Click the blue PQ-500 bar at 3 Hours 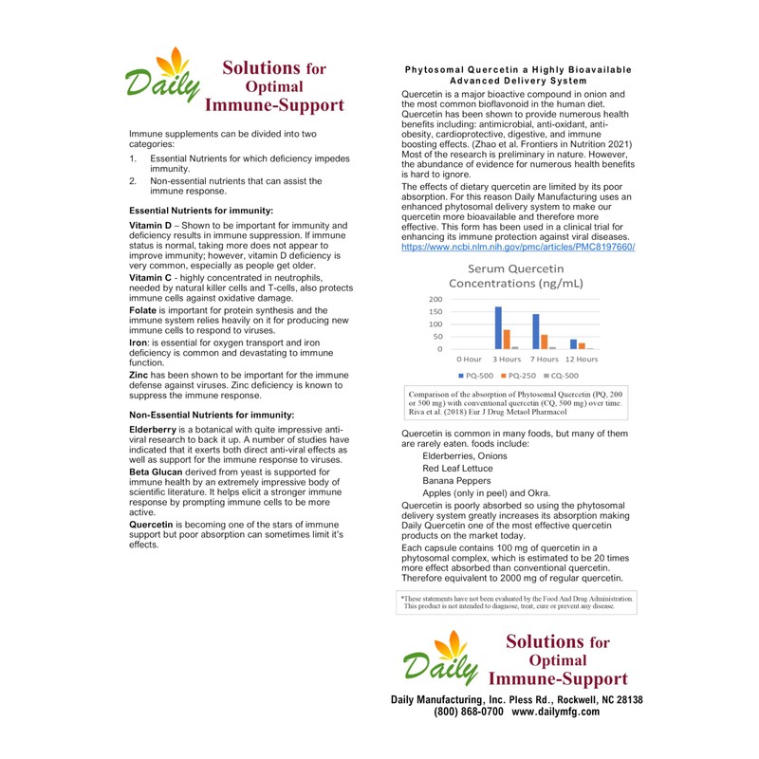498,328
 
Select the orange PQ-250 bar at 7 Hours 545,342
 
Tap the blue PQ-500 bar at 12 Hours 573,344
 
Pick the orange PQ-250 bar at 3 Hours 507,340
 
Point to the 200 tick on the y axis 434,298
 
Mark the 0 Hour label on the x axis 469,360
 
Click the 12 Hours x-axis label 581,360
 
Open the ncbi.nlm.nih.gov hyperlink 518,247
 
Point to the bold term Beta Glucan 158,472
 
